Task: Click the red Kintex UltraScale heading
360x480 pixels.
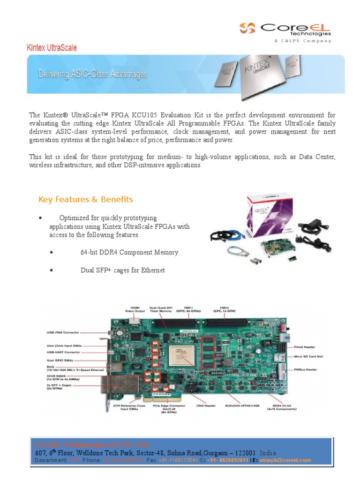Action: (52, 48)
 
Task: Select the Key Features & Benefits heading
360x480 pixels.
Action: (85, 199)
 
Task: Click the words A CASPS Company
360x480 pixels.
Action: (302, 41)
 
